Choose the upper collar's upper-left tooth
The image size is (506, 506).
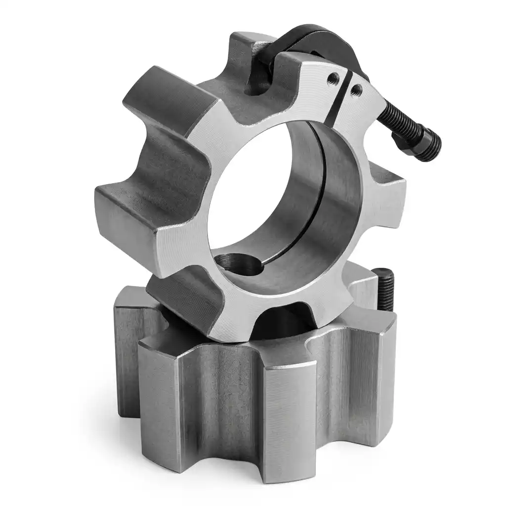click(x=163, y=99)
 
